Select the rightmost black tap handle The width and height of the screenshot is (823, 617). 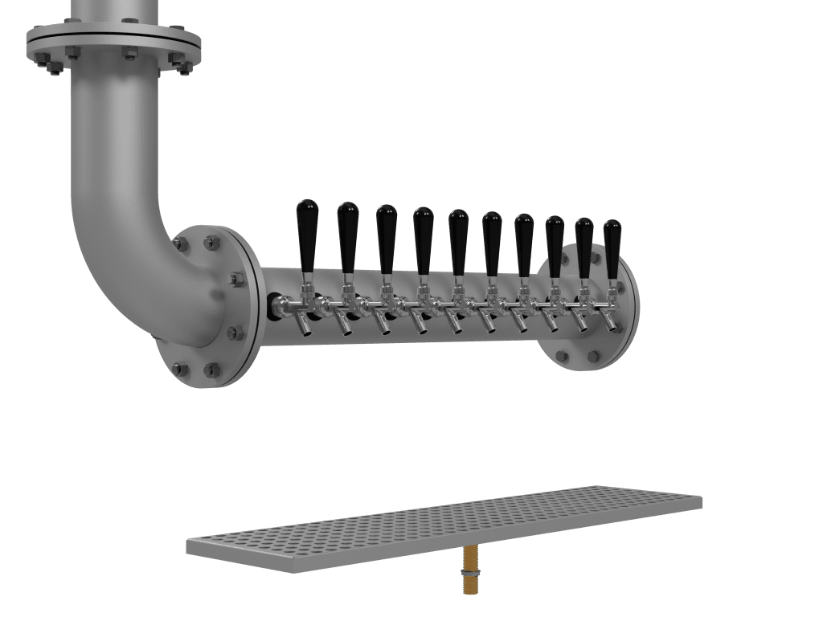coord(612,247)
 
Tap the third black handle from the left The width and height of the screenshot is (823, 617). coord(387,238)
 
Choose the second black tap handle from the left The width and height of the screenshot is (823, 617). coord(348,236)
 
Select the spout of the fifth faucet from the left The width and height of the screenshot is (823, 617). coord(452,324)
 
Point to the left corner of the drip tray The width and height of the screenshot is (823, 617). coord(190,546)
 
